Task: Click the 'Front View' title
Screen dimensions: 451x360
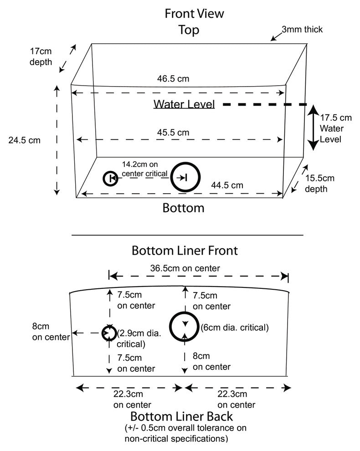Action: [195, 13]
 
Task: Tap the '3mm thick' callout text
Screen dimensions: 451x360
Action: [302, 30]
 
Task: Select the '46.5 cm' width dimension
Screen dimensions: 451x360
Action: [173, 79]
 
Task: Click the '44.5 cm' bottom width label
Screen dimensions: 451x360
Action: [227, 185]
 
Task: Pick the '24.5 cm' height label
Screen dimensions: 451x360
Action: [24, 140]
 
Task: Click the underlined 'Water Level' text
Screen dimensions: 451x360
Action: [184, 104]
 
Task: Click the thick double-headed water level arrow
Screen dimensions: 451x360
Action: [313, 128]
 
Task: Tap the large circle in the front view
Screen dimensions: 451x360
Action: [185, 177]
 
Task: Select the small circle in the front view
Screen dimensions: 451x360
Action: [110, 178]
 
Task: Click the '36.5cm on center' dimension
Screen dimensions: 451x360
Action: [185, 268]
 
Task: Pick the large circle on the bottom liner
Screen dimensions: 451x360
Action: [185, 326]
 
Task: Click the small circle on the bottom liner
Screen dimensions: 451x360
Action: [109, 333]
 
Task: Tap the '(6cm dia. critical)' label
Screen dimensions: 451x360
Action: [234, 328]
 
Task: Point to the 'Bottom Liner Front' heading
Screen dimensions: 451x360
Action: [185, 251]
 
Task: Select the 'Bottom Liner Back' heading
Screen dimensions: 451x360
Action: [182, 416]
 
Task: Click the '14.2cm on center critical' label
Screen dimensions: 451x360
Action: [144, 169]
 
